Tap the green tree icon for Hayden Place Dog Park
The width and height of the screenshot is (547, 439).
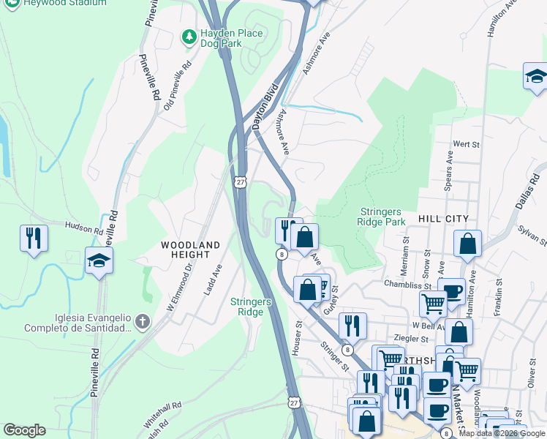[189, 35]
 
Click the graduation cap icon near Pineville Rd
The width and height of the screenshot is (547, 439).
[99, 260]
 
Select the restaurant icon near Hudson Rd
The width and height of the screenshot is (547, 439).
[34, 238]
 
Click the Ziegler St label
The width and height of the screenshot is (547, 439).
[410, 339]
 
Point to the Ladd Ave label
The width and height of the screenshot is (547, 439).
[211, 280]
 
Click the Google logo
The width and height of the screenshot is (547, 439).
[24, 430]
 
